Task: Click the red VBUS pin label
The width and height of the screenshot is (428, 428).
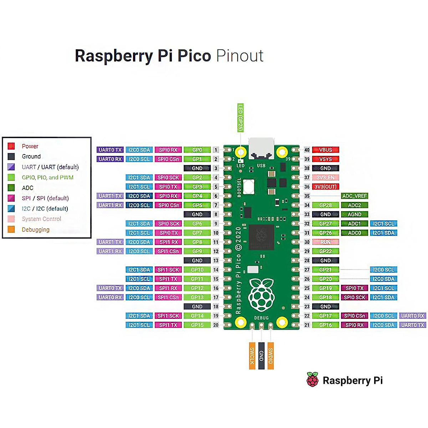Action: click(x=325, y=150)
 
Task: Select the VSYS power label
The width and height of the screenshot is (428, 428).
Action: click(x=325, y=159)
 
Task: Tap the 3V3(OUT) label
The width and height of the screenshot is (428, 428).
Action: click(x=325, y=187)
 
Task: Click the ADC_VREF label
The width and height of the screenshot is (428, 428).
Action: click(x=354, y=196)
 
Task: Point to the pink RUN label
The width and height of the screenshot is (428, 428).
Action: click(x=325, y=242)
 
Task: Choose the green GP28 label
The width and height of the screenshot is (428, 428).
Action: click(x=325, y=205)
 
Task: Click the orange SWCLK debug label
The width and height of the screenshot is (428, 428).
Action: click(x=252, y=356)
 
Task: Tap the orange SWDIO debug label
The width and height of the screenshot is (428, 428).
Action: click(x=270, y=356)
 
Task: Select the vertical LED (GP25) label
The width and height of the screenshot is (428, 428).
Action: click(x=240, y=118)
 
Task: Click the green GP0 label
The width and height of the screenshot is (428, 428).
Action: click(x=197, y=150)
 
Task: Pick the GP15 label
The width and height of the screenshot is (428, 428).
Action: click(x=197, y=325)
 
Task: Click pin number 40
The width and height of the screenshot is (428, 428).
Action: click(x=307, y=150)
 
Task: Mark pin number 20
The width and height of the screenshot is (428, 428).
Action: click(x=216, y=325)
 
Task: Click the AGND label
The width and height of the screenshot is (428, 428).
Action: click(x=354, y=214)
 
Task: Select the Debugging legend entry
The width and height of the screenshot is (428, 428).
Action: click(x=35, y=229)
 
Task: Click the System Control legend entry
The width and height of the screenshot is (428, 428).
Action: click(x=41, y=219)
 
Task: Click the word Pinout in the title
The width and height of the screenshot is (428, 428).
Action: click(x=240, y=56)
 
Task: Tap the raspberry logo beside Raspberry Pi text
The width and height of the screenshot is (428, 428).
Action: click(x=312, y=380)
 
